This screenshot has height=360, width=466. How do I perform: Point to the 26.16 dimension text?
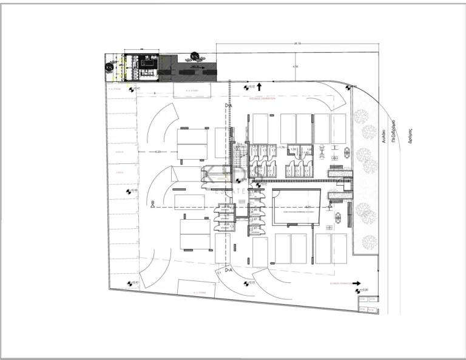[x=297, y=44]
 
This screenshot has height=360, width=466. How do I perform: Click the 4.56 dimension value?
[x=295, y=66]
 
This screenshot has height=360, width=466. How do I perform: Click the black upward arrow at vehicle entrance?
[x=259, y=87]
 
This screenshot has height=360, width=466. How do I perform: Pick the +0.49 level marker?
[x=131, y=191]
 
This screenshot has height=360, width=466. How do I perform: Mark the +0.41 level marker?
[x=132, y=284]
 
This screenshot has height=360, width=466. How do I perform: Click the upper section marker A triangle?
[x=228, y=106]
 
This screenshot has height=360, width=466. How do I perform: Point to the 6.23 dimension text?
[x=159, y=151]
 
